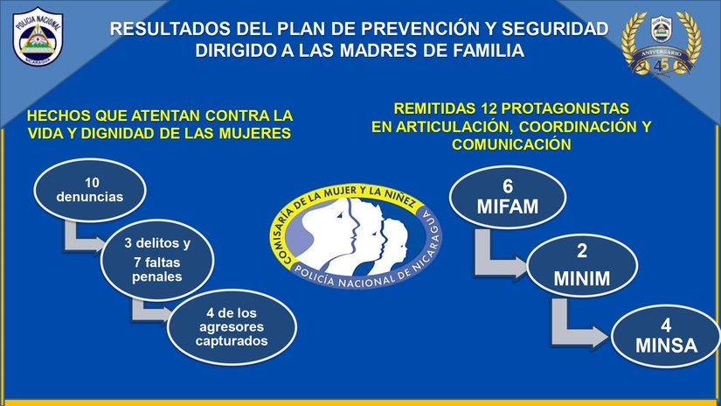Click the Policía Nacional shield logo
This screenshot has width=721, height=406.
pyautogui.click(x=38, y=37)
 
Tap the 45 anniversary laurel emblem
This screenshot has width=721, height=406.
pyautogui.click(x=662, y=44)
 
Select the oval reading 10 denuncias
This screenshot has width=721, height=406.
pyautogui.click(x=90, y=190)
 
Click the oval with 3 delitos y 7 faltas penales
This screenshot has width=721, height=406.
pyautogui.click(x=157, y=260)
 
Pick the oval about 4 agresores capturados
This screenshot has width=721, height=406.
pyautogui.click(x=232, y=327)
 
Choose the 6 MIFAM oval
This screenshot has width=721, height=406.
pyautogui.click(x=508, y=197)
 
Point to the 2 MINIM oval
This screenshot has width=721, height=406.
pyautogui.click(x=582, y=265)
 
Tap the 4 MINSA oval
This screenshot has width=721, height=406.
pyautogui.click(x=666, y=336)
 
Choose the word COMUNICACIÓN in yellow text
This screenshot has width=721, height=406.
pyautogui.click(x=511, y=144)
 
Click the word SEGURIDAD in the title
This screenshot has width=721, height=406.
pyautogui.click(x=555, y=29)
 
